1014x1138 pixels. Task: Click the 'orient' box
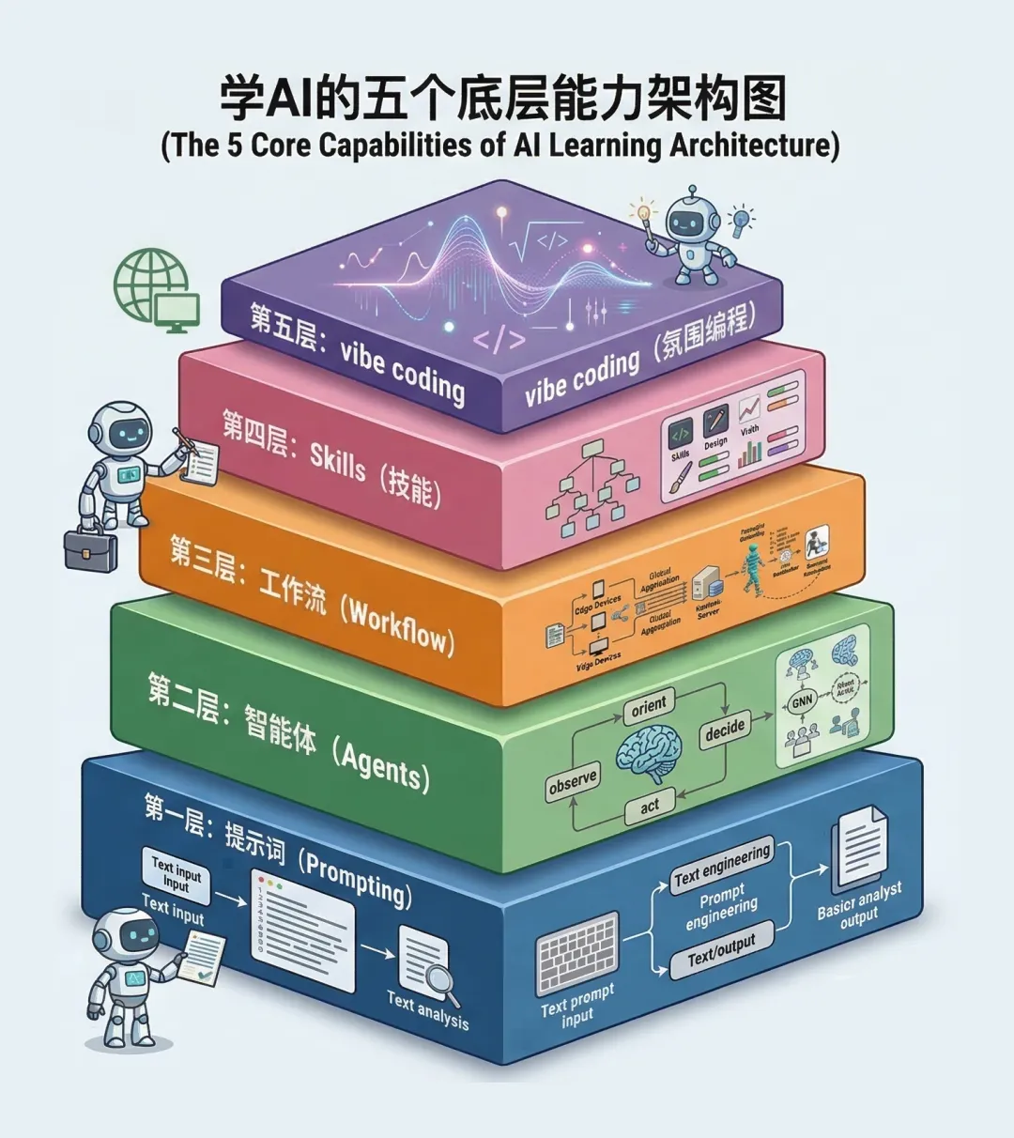649,706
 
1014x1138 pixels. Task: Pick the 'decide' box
725,730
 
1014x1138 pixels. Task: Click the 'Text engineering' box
722,868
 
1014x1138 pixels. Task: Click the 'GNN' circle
802,701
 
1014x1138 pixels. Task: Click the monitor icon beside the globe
177,311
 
